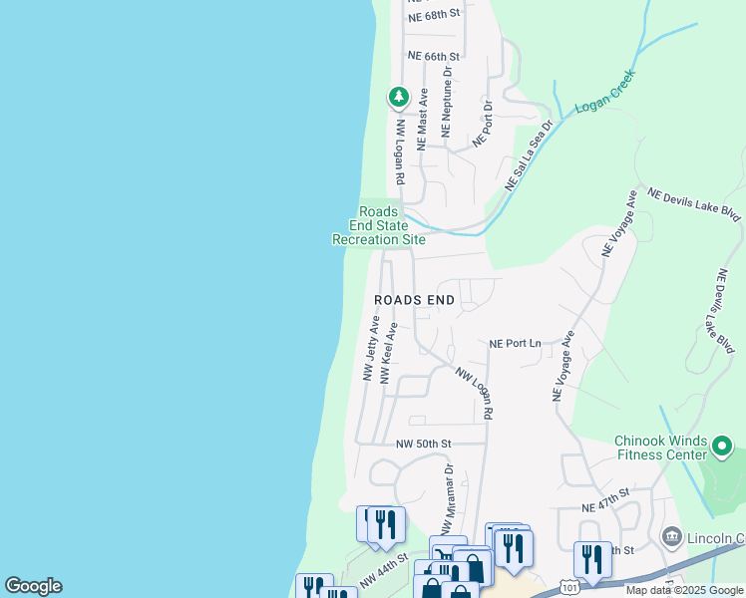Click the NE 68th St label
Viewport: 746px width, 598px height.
tap(436, 15)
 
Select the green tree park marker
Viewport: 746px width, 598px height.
tap(399, 97)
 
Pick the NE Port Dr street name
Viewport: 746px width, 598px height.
tap(483, 124)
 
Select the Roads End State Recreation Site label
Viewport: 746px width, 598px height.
tap(379, 225)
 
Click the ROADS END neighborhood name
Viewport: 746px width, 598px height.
tap(414, 300)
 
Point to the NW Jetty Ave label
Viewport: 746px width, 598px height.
tap(371, 349)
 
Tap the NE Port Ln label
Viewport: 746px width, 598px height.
tap(515, 344)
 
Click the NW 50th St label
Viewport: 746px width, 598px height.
tap(424, 444)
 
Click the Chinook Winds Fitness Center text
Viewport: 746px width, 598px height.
tap(660, 448)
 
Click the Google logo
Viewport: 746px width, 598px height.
tap(33, 586)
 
